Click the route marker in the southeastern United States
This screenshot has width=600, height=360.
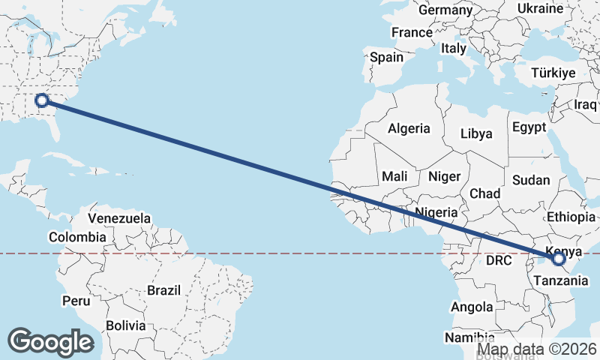[x=43, y=100]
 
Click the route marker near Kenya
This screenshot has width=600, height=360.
[x=558, y=259]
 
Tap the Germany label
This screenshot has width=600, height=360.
[x=445, y=10]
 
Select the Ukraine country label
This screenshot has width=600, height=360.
[x=540, y=8]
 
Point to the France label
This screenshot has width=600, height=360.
[x=412, y=32]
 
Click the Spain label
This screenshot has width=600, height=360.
[x=386, y=56]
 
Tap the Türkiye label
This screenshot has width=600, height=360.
[x=553, y=73]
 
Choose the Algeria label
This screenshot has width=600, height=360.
[x=409, y=128]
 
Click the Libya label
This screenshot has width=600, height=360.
[x=476, y=133]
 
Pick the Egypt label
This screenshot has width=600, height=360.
[x=529, y=127]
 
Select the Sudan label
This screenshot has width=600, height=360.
[x=531, y=180]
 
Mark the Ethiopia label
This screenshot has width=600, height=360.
[x=571, y=217]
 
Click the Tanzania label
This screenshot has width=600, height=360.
[x=557, y=280]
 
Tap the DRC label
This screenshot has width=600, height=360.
[x=498, y=261]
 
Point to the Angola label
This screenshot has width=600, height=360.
[x=472, y=307]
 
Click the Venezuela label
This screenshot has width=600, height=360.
[x=119, y=218]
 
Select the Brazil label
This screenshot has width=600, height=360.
[x=164, y=289]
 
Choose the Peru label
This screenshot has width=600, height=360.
[x=76, y=301]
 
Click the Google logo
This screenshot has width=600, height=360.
[x=50, y=342]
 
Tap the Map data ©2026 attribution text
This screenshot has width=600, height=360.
[x=537, y=349]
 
